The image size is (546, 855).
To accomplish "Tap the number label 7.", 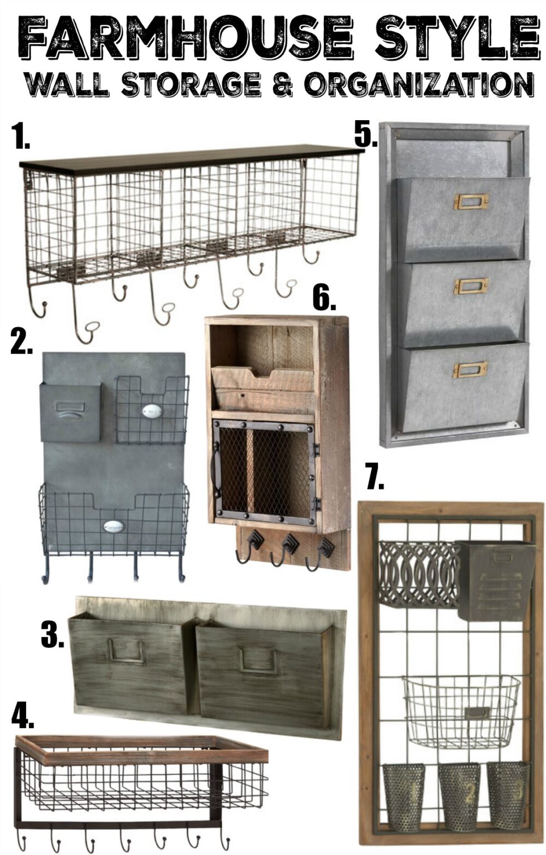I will (375, 478).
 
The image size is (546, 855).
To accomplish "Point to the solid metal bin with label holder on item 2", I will (70, 411).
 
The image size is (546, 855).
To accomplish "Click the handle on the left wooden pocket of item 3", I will (126, 651).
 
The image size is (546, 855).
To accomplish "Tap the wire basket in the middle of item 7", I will (461, 710).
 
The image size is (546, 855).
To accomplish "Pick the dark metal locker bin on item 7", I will (494, 579).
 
